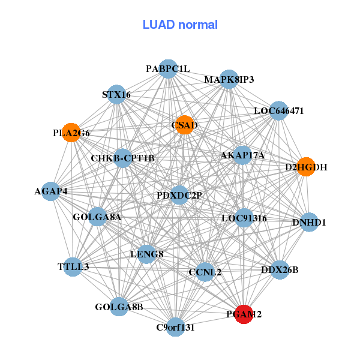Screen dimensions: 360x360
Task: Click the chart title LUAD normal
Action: tap(180, 25)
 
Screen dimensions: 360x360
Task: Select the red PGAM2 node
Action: tap(244, 313)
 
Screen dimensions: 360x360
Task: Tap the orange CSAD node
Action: tap(184, 125)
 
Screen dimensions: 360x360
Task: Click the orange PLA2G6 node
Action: tap(71, 133)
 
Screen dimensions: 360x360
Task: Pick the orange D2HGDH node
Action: tap(306, 167)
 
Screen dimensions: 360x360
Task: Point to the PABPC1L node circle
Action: tap(168, 69)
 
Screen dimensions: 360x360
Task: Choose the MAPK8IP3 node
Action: tap(229, 79)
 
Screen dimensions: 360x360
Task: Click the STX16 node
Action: tap(116, 94)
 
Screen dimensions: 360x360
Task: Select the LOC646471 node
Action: tap(278, 110)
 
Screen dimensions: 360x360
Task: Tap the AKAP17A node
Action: tap(242, 155)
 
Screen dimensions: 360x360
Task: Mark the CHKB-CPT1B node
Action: tap(123, 158)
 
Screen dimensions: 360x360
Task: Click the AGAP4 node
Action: tap(51, 191)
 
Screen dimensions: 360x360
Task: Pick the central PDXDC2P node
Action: tap(179, 195)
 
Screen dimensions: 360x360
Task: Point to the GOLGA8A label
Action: tap(97, 217)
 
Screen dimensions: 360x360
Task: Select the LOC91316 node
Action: tap(244, 218)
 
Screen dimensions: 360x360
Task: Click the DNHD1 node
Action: tap(309, 223)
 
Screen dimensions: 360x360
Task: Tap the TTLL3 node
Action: tap(73, 266)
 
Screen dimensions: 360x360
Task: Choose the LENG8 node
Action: tap(147, 254)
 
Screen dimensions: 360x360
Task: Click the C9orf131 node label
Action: tap(175, 328)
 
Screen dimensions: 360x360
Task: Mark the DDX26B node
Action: tap(280, 269)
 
